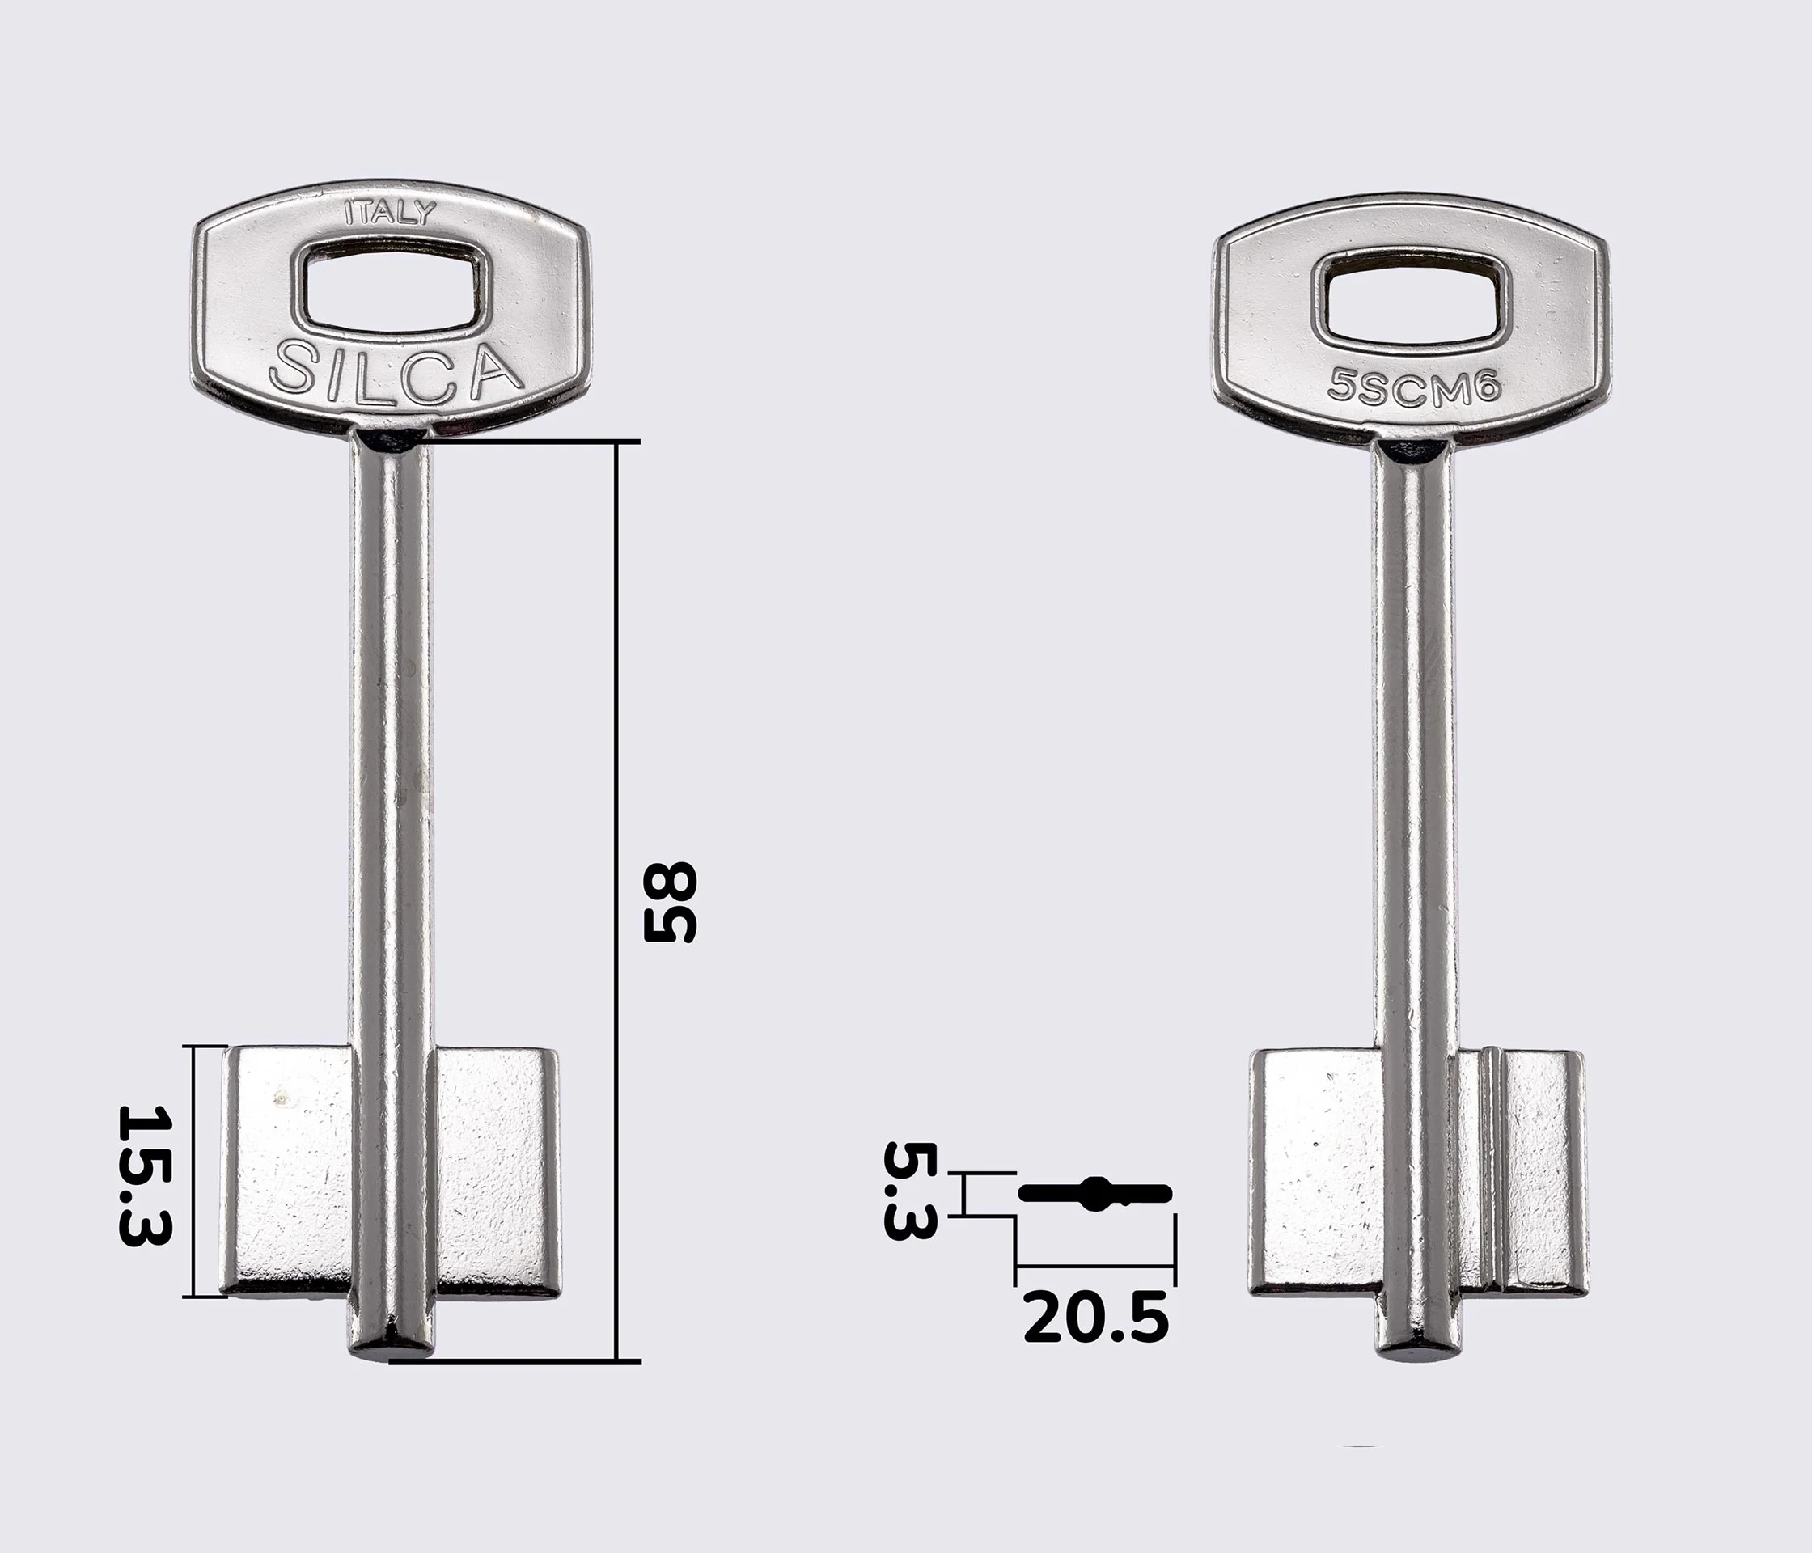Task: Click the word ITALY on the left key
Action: (390, 213)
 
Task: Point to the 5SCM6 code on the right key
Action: (1414, 386)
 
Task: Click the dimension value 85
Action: (670, 903)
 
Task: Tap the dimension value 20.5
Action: (1095, 1318)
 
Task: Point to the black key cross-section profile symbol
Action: (1095, 1195)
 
